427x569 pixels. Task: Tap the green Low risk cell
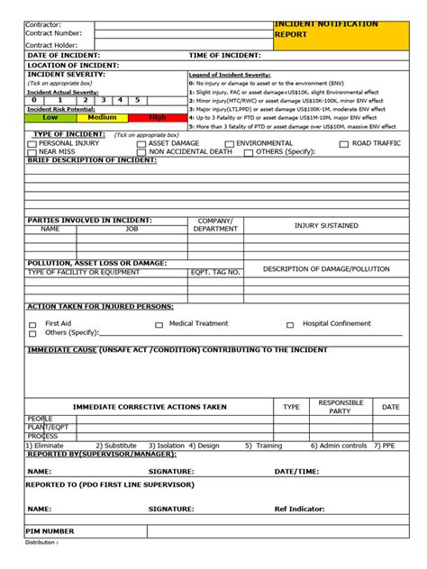tap(50, 117)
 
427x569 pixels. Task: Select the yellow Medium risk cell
tap(102, 117)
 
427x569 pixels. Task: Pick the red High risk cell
tap(157, 117)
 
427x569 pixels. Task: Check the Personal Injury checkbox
tap(32, 144)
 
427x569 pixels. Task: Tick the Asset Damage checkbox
tap(141, 144)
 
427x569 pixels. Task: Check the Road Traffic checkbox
tap(344, 144)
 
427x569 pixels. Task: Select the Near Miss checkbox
tap(32, 153)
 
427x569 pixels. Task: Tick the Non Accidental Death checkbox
tap(141, 153)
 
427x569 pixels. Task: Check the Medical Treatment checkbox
tap(159, 325)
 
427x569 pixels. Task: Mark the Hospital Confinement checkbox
tap(290, 325)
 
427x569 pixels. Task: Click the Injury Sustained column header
tap(326, 226)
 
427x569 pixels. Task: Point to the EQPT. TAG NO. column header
tap(215, 272)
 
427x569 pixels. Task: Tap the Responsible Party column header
tap(341, 407)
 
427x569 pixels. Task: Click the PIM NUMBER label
tap(50, 531)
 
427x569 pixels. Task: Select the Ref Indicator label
tap(299, 509)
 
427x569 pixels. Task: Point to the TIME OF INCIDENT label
tap(225, 56)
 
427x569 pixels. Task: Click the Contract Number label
tap(53, 33)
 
